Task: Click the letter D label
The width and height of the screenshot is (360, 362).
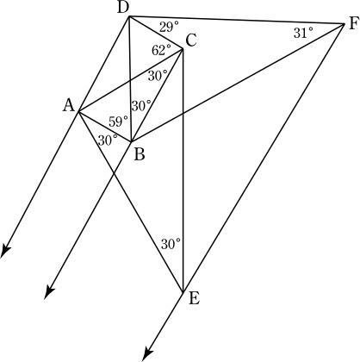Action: click(x=123, y=9)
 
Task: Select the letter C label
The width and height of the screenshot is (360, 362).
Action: click(x=191, y=41)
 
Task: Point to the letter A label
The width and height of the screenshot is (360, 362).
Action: click(x=69, y=105)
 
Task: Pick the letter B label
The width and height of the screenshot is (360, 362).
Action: click(x=140, y=155)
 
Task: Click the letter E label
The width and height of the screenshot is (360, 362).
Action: click(x=194, y=299)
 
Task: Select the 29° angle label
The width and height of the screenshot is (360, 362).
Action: click(x=169, y=28)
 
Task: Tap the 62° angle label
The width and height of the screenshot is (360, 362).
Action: click(x=161, y=51)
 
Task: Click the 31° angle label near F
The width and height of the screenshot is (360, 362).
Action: click(x=303, y=33)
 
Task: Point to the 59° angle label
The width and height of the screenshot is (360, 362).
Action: click(x=118, y=122)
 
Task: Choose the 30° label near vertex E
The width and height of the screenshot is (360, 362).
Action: click(x=171, y=244)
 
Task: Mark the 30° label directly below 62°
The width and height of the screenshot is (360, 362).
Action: click(x=158, y=76)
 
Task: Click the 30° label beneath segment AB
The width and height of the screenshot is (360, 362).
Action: click(x=108, y=140)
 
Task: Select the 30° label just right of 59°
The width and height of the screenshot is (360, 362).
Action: click(x=141, y=106)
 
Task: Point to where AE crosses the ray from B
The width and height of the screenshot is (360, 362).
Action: click(x=115, y=172)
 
